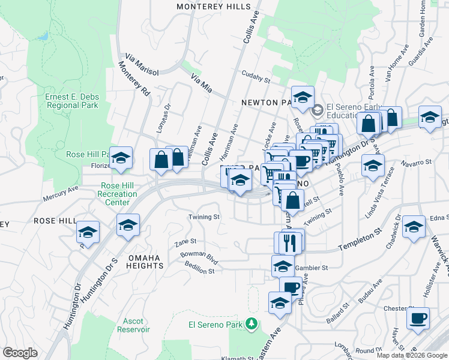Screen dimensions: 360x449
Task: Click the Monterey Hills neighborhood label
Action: tap(213, 6)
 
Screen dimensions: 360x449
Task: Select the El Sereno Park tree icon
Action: tap(253, 325)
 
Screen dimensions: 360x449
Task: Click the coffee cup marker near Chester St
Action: tap(418, 318)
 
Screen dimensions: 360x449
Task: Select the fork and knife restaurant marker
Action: tap(291, 242)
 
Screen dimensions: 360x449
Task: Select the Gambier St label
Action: tap(315, 268)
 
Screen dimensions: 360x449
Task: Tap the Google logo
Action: tap(20, 353)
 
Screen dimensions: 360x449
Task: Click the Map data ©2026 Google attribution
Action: tap(412, 355)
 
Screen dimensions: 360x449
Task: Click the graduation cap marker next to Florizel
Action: tap(121, 158)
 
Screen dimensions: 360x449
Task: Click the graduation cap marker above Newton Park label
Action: tap(303, 97)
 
